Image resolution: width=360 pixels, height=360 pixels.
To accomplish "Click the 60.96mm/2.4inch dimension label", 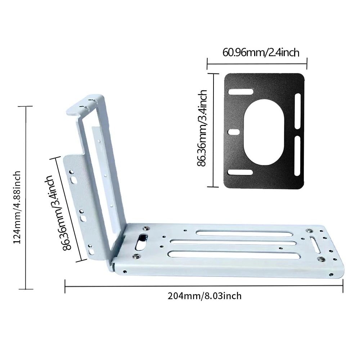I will [x=261, y=53].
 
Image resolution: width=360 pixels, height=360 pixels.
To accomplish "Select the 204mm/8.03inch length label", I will [x=204, y=296].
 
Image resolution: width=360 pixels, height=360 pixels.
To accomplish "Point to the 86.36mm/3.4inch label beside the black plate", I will [x=202, y=128].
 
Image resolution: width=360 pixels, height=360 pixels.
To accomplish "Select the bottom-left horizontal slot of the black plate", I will [x=240, y=172].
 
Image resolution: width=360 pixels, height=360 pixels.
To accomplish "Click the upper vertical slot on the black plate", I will [x=297, y=111].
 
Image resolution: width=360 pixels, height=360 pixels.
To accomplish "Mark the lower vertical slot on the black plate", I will [x=297, y=156].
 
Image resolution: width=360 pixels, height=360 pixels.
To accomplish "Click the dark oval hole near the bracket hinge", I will [x=141, y=240].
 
